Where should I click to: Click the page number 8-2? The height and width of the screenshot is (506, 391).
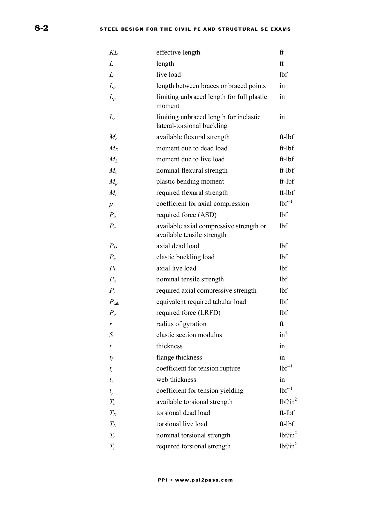point(42,28)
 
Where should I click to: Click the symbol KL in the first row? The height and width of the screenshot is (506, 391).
point(114,53)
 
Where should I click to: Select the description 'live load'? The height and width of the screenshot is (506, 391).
point(168,75)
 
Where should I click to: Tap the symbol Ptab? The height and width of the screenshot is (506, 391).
point(114,302)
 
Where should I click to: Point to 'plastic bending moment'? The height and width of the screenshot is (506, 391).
point(190,182)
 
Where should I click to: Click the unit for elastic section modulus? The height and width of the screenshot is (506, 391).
point(283,335)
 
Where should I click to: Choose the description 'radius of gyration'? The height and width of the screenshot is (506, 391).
point(181,324)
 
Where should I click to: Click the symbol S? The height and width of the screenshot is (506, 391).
point(111,335)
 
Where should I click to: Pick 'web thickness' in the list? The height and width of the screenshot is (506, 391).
point(176,380)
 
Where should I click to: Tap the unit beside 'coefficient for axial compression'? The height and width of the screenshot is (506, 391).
point(286,204)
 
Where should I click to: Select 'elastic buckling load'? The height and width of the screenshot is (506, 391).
point(185,257)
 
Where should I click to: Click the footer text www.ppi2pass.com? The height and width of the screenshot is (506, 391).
point(204,480)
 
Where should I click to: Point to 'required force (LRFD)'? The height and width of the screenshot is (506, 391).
point(188,313)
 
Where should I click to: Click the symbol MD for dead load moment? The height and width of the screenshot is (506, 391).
point(114,148)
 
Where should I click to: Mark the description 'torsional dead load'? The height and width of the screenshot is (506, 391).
point(183,413)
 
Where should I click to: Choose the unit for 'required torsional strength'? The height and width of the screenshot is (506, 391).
point(288,446)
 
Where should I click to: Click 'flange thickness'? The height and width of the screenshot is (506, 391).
point(179,358)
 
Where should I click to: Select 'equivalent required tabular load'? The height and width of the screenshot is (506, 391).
point(201,302)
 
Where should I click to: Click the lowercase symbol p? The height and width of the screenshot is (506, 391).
point(111,204)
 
